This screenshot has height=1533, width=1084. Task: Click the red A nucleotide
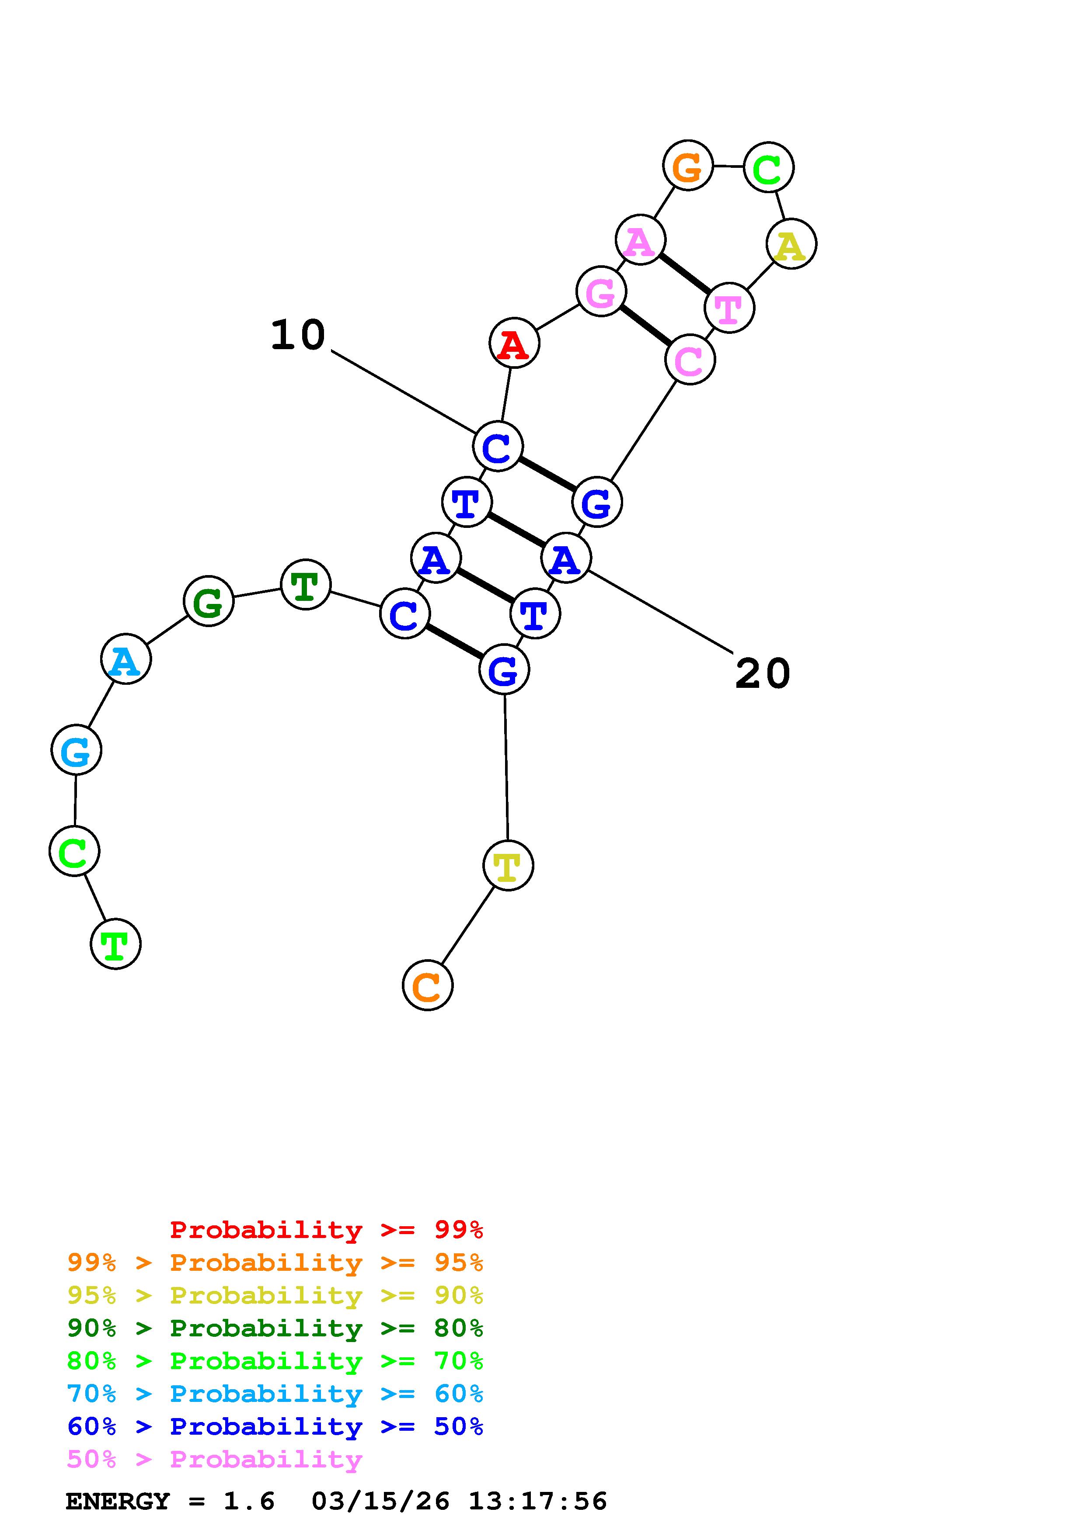(514, 343)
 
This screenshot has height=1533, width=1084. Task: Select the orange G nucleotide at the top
(687, 166)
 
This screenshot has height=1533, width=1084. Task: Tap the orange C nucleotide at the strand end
(428, 985)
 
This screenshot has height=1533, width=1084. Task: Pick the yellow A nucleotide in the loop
(791, 244)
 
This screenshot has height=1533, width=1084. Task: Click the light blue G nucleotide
(76, 750)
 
